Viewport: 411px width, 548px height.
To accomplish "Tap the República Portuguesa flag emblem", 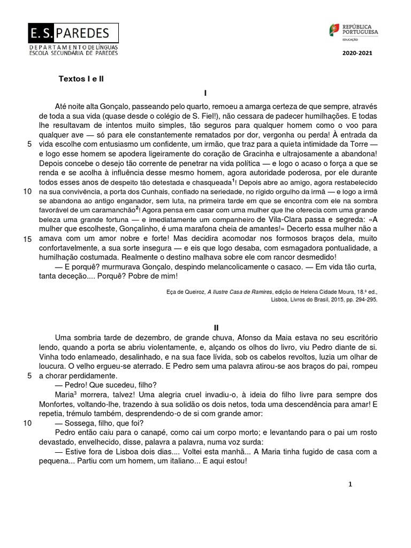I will pos(334,31).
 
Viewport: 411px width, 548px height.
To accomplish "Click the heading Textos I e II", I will pos(81,78).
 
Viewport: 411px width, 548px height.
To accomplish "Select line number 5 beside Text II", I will pos(29,376).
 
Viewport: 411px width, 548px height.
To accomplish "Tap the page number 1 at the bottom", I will pos(350,484).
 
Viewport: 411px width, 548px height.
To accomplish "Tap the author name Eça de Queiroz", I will pos(184,292).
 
